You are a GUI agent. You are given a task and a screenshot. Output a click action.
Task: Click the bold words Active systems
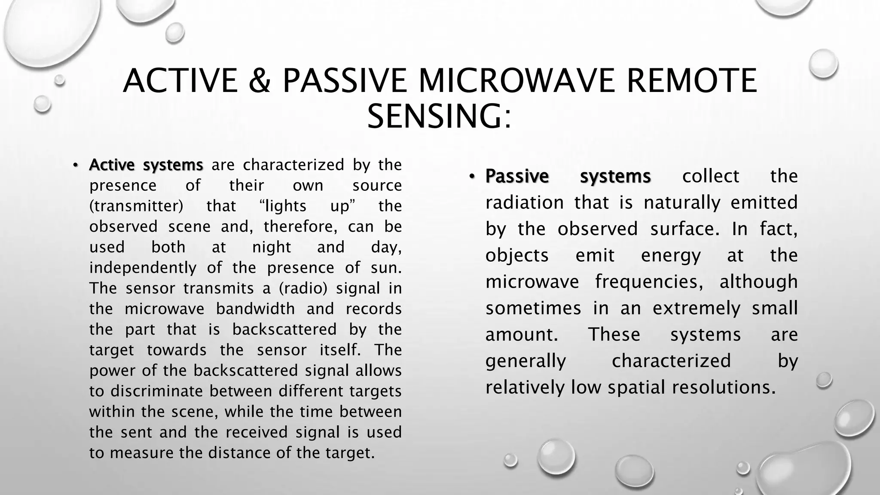(146, 165)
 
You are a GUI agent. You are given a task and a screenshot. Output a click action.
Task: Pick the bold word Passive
(517, 177)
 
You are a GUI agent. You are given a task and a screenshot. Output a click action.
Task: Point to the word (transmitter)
(136, 206)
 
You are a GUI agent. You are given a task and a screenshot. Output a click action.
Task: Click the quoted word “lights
(283, 206)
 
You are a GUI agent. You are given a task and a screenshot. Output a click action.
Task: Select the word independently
(143, 268)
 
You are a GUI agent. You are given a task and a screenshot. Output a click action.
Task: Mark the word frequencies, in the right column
(649, 282)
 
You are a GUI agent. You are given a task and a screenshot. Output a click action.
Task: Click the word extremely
(697, 309)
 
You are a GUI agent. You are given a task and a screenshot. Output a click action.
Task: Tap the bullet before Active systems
(75, 165)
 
